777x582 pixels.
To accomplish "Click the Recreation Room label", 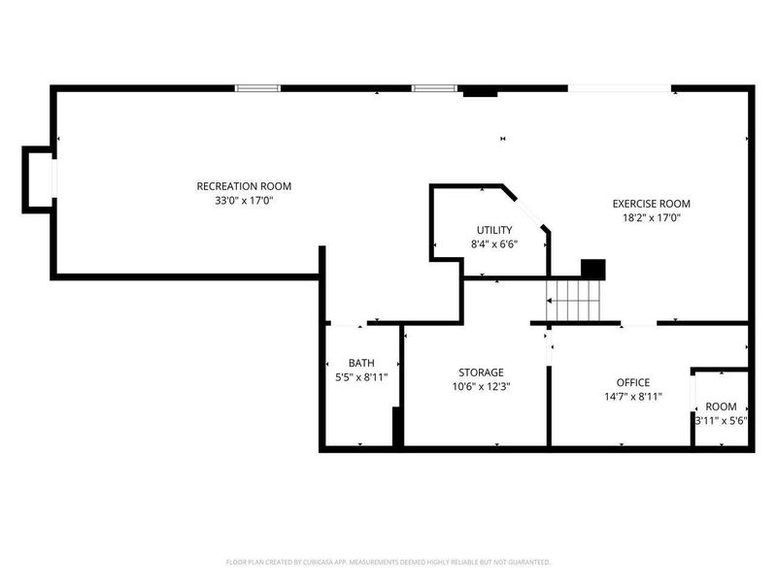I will tap(244, 186).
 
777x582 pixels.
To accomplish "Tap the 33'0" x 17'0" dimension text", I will tap(244, 201).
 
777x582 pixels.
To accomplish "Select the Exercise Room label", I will tap(651, 204).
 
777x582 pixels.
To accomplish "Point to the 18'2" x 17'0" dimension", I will tap(651, 218).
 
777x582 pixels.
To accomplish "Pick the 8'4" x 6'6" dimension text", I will tap(494, 244).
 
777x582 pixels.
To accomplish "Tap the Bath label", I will tap(361, 363).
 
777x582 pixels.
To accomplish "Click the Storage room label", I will tap(481, 372).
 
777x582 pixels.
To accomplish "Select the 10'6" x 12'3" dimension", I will tap(481, 386).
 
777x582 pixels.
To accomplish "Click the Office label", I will tap(633, 382).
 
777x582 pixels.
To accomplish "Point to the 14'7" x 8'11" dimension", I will tap(633, 396).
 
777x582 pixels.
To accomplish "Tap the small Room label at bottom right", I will tap(721, 406).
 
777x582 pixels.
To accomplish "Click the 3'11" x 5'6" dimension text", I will tap(721, 421).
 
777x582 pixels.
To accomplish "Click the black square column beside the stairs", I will tap(592, 269).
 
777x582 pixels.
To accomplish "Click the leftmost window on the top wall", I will tap(258, 88).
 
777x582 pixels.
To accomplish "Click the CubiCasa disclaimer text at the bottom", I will tap(388, 562).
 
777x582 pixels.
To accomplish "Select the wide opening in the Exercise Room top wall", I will tap(620, 88).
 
